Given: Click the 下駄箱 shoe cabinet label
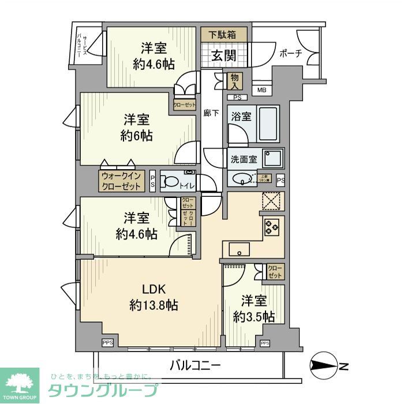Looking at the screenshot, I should [x=224, y=35].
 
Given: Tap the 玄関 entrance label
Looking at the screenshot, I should [x=222, y=56].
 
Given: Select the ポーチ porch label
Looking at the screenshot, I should [x=291, y=54].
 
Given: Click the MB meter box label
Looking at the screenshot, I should [x=262, y=90].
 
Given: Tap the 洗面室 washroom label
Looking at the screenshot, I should [x=244, y=159].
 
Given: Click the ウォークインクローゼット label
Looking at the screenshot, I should [x=121, y=181].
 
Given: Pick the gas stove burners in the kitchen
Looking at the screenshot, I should [x=271, y=227].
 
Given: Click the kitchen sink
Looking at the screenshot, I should [x=239, y=249].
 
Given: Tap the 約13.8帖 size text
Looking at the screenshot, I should [x=154, y=305].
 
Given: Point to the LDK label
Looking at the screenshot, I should [x=154, y=290].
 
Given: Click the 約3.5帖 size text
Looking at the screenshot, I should [x=253, y=316].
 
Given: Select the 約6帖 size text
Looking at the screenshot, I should [x=137, y=136].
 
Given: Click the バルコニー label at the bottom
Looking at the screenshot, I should [x=195, y=365].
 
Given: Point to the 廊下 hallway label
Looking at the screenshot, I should [x=212, y=113].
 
